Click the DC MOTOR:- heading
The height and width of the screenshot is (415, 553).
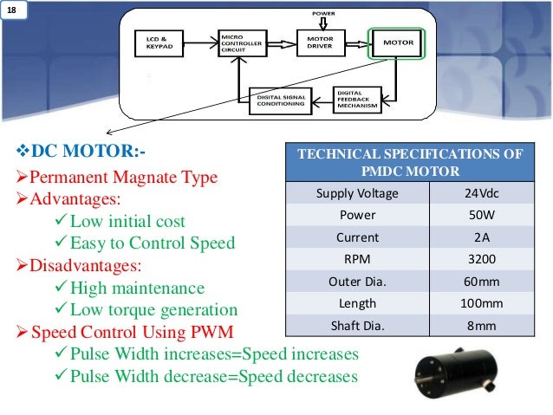(x=82, y=152)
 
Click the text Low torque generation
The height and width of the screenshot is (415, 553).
(x=153, y=309)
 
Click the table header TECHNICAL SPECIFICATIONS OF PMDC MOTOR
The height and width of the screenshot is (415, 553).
(x=410, y=162)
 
